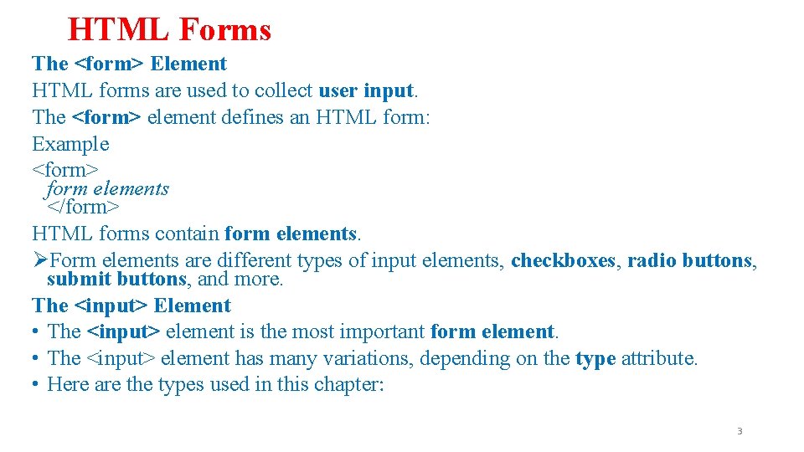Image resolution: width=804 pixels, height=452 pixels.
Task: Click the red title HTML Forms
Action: [x=169, y=30]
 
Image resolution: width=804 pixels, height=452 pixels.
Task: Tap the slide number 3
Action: [x=740, y=431]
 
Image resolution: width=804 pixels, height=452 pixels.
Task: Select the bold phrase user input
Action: [x=366, y=90]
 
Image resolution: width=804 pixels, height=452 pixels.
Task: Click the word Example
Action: [x=70, y=144]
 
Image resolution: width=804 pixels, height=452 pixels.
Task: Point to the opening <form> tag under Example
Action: [x=65, y=170]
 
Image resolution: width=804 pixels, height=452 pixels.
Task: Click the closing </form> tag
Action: [x=84, y=207]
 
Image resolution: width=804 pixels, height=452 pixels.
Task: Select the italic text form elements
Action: [x=108, y=189]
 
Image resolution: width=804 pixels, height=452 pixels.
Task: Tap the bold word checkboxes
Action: [x=564, y=260]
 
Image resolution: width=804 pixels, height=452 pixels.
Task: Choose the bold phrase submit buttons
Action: [x=116, y=279]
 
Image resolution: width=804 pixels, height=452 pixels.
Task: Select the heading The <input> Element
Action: [x=131, y=306]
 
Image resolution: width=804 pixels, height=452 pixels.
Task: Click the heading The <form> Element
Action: [x=129, y=64]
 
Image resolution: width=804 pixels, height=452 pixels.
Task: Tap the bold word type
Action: [x=595, y=358]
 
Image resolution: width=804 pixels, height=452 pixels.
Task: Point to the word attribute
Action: [x=657, y=358]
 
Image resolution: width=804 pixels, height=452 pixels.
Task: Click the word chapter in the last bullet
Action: [x=353, y=384]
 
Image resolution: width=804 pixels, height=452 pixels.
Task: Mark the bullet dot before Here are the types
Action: [x=38, y=384]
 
